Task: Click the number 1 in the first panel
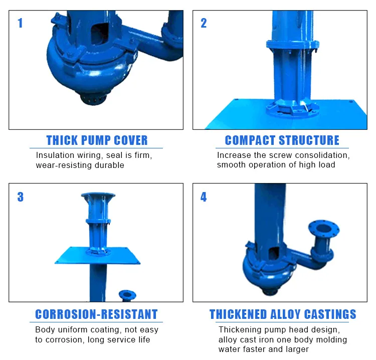point(20,23)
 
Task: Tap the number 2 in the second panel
point(204,23)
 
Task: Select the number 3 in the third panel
point(20,197)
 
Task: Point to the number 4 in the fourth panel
point(204,197)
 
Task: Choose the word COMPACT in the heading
point(250,140)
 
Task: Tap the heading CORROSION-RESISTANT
point(96,315)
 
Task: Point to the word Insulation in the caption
point(55,155)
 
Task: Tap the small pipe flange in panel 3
point(127,294)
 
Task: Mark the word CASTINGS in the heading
point(331,315)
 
